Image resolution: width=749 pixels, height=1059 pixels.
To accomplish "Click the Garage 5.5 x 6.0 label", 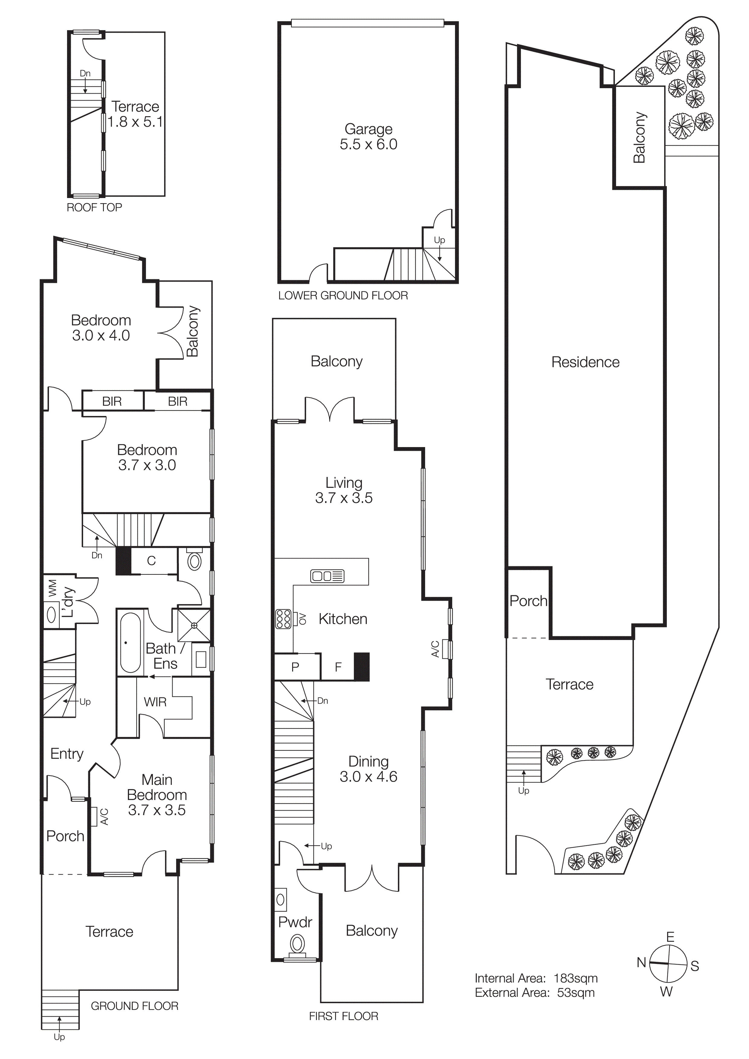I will pyautogui.click(x=368, y=136).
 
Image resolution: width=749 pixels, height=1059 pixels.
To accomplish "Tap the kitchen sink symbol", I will pyautogui.click(x=327, y=576).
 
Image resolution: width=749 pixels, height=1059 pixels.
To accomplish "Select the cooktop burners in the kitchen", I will pyautogui.click(x=283, y=619).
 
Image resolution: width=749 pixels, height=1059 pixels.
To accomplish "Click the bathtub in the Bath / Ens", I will pyautogui.click(x=130, y=642).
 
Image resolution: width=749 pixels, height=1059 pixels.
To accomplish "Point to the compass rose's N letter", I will pyautogui.click(x=641, y=963).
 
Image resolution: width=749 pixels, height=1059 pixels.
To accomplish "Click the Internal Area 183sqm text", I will pyautogui.click(x=536, y=979).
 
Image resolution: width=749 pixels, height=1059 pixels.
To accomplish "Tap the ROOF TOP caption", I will pyautogui.click(x=94, y=208).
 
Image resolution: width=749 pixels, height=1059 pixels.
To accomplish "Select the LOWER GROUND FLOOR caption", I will pyautogui.click(x=343, y=296).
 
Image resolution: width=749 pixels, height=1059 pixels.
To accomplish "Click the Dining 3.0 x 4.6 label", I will pyautogui.click(x=368, y=769).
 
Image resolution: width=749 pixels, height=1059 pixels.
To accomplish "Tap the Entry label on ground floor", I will pyautogui.click(x=67, y=754).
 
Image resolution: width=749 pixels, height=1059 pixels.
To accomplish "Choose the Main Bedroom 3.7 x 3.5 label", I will pyautogui.click(x=157, y=795).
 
